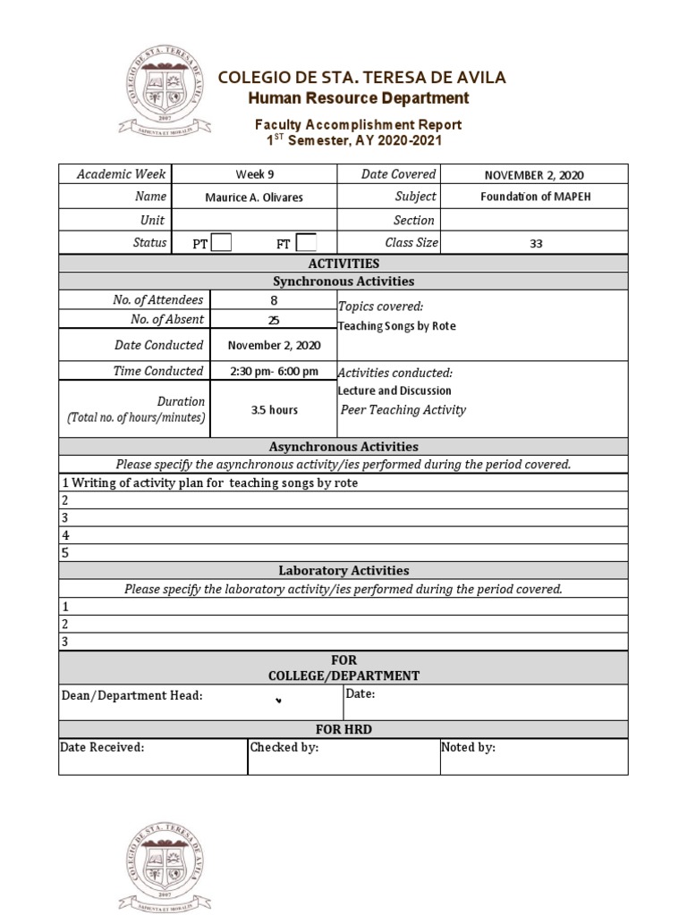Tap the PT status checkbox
pyautogui.click(x=221, y=242)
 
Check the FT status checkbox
pyautogui.click(x=305, y=242)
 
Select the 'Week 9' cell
pyautogui.click(x=254, y=175)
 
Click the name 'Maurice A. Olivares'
pyautogui.click(x=254, y=197)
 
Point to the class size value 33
pyautogui.click(x=535, y=243)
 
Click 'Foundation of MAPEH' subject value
pyautogui.click(x=534, y=197)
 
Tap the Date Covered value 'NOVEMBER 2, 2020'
pyautogui.click(x=534, y=175)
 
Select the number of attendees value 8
pyautogui.click(x=273, y=301)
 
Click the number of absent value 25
pyautogui.click(x=273, y=320)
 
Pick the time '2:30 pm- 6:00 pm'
pyautogui.click(x=273, y=371)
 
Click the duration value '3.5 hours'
pyautogui.click(x=273, y=410)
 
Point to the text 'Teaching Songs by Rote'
pyautogui.click(x=396, y=326)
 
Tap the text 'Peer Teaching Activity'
pyautogui.click(x=403, y=410)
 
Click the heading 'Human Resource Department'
pyautogui.click(x=358, y=97)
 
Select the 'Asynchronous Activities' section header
pyautogui.click(x=343, y=447)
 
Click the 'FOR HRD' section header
pyautogui.click(x=343, y=729)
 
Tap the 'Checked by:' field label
pyautogui.click(x=284, y=748)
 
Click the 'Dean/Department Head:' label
pyautogui.click(x=131, y=695)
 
